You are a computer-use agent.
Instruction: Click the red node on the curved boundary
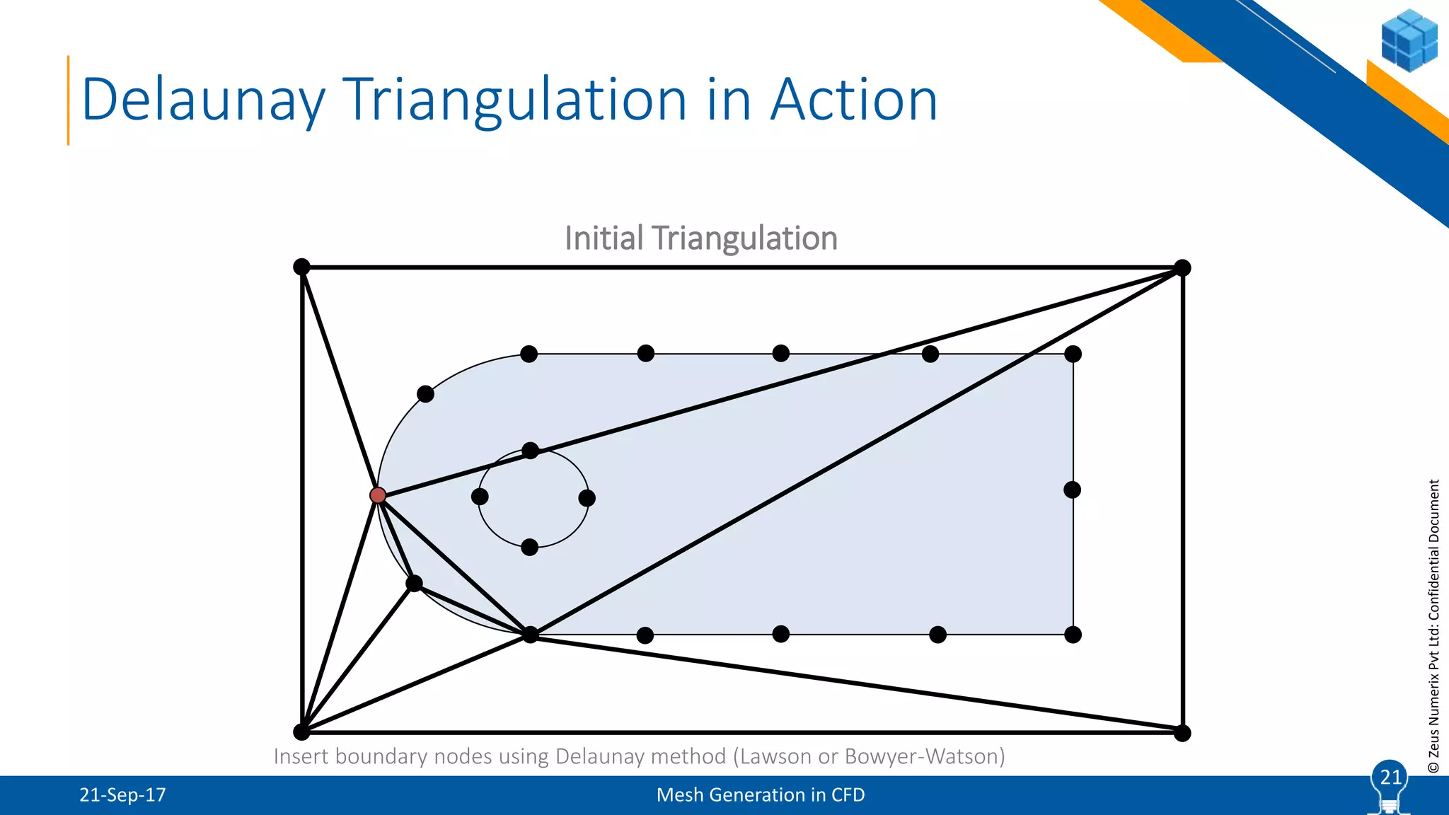378,495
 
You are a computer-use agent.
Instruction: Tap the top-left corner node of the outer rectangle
301,267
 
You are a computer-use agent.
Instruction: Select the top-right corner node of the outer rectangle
1182,267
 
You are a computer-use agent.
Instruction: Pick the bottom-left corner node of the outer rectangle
301,732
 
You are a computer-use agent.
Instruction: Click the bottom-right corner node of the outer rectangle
1182,733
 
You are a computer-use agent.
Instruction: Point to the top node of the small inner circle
530,451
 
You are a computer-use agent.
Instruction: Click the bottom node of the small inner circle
529,547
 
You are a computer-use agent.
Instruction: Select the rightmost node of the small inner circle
587,498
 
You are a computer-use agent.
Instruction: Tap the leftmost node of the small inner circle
480,497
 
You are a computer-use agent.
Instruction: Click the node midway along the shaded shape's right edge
1072,490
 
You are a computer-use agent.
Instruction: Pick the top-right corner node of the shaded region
1073,354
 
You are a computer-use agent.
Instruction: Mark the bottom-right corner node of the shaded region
1073,635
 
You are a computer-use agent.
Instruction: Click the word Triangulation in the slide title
515,100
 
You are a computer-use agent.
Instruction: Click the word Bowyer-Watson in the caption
925,756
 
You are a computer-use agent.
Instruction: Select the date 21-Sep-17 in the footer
122,795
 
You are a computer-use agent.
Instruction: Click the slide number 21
1390,778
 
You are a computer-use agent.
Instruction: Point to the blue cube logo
1409,40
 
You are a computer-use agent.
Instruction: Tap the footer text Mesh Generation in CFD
761,795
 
